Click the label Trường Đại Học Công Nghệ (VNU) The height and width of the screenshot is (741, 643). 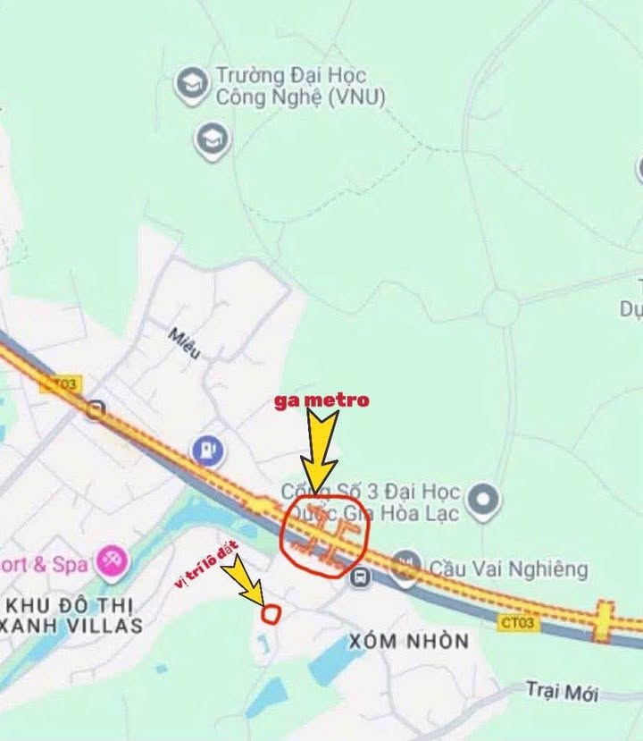click(x=300, y=87)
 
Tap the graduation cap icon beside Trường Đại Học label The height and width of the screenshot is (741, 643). click(x=191, y=85)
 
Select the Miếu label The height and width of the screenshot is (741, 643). click(x=185, y=343)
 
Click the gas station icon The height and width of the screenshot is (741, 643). click(x=207, y=450)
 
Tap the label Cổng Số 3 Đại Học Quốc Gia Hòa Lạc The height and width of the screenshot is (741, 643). click(x=371, y=502)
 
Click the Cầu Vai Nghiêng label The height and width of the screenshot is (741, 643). click(x=508, y=568)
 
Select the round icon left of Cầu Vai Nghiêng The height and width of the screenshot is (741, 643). click(x=405, y=563)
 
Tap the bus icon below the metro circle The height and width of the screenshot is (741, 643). click(x=361, y=577)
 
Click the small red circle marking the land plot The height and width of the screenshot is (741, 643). click(x=271, y=613)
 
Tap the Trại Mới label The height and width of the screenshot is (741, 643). click(x=561, y=690)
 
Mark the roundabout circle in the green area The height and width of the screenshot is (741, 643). click(x=501, y=308)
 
